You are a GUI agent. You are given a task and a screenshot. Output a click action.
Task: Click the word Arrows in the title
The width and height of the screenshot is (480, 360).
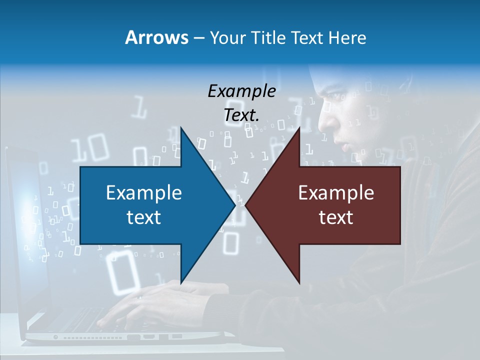point(157,37)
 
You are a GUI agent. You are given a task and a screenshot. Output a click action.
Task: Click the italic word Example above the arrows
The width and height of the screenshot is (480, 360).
point(241,91)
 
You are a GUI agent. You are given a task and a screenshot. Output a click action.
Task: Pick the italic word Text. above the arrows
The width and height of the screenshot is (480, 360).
point(241,115)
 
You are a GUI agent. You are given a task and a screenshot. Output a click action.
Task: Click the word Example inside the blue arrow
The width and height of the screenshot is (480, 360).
point(144,192)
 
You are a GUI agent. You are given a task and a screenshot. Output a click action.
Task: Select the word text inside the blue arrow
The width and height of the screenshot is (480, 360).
point(144,217)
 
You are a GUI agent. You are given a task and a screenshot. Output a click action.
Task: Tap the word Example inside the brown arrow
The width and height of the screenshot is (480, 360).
point(336,192)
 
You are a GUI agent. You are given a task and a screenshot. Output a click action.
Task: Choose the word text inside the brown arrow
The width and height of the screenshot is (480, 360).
point(336,217)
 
